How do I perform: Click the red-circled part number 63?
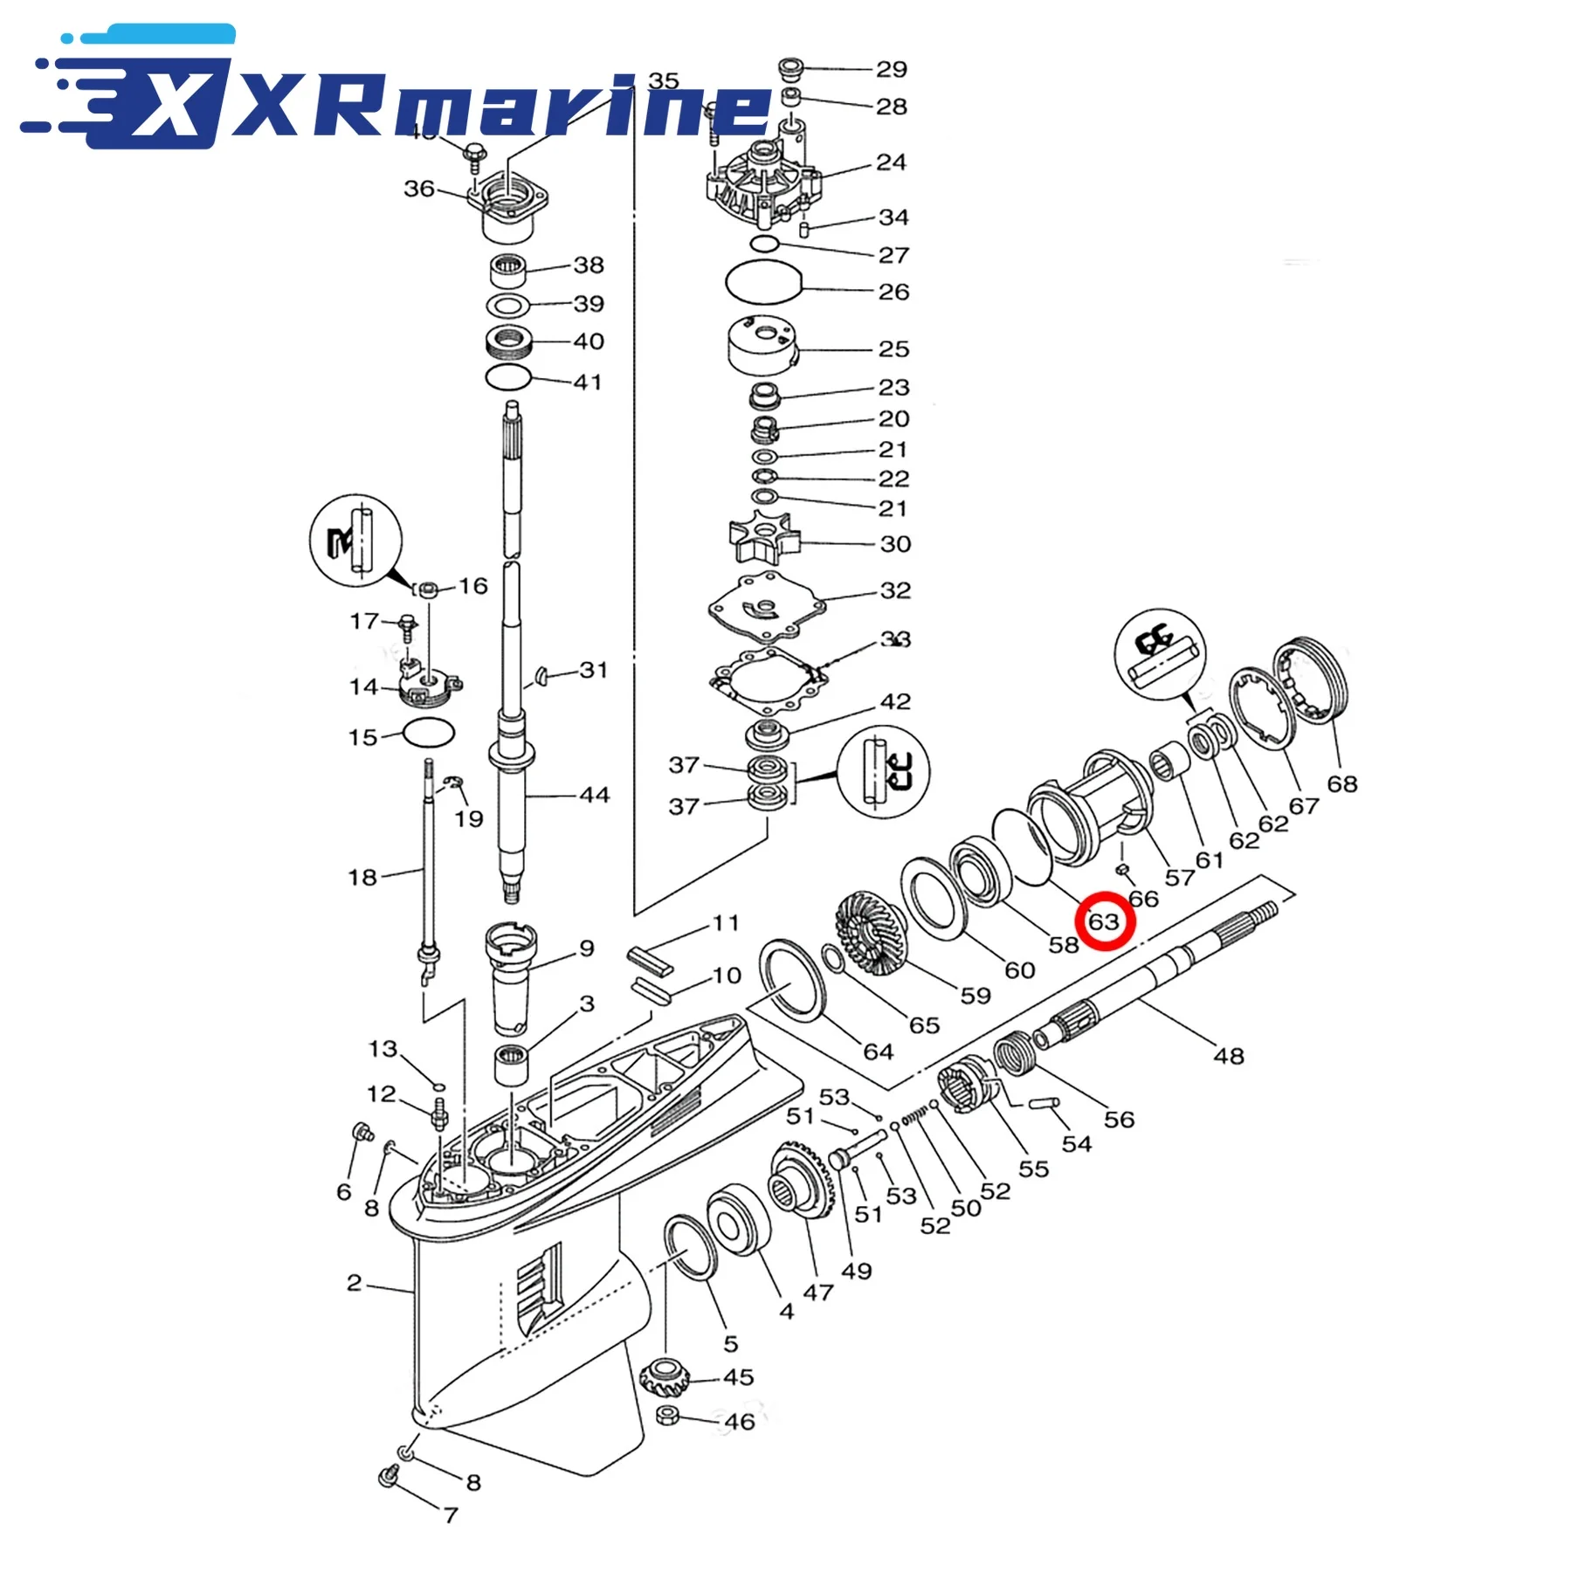point(1104,921)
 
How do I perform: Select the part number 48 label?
point(1228,1056)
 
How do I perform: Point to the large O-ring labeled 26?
point(764,283)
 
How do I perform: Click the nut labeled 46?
point(668,1440)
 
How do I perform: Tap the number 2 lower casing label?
point(354,1282)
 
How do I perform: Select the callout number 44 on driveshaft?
point(594,795)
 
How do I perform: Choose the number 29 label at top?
point(892,69)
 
